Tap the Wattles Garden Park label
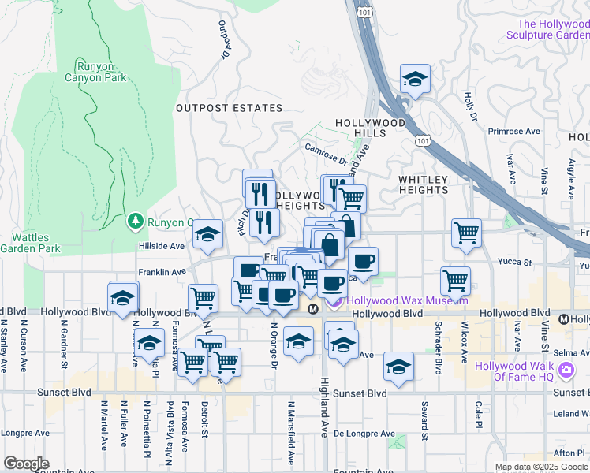[x=30, y=243]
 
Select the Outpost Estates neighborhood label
[x=229, y=108]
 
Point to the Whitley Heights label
[x=423, y=184]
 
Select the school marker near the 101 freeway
[x=415, y=80]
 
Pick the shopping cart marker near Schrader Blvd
[x=456, y=280]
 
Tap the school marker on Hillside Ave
[x=207, y=234]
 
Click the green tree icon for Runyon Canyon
[x=136, y=222]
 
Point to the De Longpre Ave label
[x=364, y=434]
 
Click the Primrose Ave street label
[x=513, y=132]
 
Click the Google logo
[x=27, y=464]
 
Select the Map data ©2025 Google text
[x=540, y=467]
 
